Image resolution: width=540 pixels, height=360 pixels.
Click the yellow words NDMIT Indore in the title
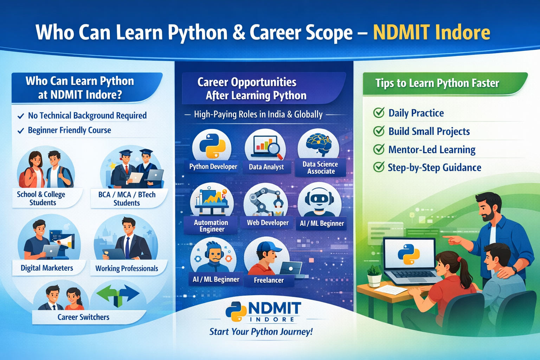coord(431,33)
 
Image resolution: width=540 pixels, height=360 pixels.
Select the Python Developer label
coord(213,167)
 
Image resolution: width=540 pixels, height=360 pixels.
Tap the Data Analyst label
coord(266,167)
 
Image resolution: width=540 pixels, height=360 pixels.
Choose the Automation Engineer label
coord(211,226)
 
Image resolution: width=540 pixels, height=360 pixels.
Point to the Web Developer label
coord(268,223)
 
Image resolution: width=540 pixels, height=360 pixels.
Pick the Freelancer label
coord(269,280)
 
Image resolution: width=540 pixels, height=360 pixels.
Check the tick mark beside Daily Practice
coord(379,113)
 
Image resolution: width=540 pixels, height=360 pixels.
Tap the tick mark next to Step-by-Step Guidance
coord(379,167)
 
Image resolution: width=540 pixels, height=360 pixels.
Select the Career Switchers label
coord(83,317)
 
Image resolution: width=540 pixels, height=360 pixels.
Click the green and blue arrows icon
coord(118,294)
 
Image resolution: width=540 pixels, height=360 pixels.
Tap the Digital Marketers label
coord(47,268)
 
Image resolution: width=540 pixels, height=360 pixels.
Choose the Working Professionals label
coord(127,269)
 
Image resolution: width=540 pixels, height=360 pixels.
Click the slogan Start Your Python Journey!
coord(261,332)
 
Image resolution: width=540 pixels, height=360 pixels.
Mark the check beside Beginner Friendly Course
coord(21,131)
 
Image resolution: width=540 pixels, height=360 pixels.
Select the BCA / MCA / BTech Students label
coord(127,199)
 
